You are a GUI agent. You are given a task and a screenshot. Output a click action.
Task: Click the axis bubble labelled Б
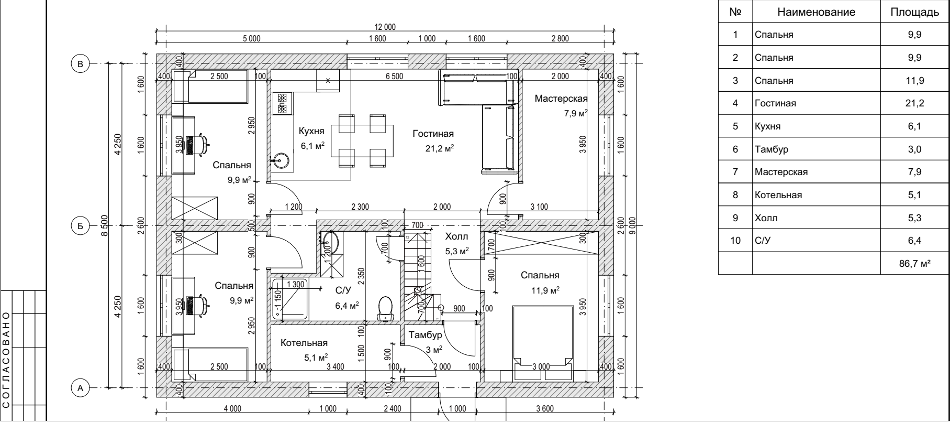coord(80,226)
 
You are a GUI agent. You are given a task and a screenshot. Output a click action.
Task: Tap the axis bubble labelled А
coord(80,388)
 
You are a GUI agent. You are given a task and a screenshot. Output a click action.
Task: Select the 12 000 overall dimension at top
coord(385,27)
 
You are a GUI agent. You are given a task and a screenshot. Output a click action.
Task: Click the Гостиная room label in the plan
coord(433,134)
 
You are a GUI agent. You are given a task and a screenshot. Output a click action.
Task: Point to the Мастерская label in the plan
coord(561,99)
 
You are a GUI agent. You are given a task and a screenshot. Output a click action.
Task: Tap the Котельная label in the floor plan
coord(304,343)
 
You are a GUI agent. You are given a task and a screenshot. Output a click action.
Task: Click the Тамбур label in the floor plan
coord(426,335)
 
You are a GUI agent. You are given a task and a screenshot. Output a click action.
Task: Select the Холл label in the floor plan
coord(456,237)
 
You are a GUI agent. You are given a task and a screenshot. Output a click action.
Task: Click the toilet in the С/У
coord(386,308)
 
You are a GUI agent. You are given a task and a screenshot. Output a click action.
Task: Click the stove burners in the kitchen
coord(283,103)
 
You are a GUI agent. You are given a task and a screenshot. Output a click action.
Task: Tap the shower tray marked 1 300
coord(289,299)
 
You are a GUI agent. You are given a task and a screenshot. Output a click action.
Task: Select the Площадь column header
coord(914,13)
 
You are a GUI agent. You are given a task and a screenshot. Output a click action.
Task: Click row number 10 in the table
coord(735,241)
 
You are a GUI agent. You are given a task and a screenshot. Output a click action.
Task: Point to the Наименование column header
coord(816,13)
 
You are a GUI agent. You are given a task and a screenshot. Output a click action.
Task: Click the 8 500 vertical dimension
coord(104,226)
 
